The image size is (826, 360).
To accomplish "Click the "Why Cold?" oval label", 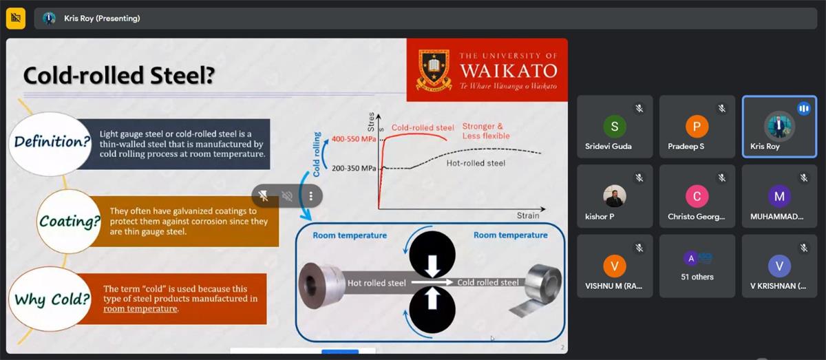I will (50, 299).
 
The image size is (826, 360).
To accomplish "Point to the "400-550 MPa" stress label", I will (354, 139).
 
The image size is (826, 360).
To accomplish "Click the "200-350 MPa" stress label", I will (354, 168).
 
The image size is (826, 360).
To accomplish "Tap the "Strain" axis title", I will (528, 215).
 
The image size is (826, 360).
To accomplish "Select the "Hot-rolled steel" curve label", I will (476, 163).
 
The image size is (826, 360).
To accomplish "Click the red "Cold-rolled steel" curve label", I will (423, 128).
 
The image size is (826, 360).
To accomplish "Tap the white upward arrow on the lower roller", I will (432, 299).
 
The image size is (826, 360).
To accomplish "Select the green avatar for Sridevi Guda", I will (614, 126).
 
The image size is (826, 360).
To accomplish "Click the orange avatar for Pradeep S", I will (697, 126).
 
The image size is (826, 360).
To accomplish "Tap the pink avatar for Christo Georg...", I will (697, 196).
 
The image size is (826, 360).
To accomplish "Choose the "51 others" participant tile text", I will (697, 277).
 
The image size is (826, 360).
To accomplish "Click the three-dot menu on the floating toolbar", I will (310, 196).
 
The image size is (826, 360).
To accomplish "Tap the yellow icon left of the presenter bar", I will (16, 18).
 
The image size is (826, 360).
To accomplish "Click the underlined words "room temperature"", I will (140, 309).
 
